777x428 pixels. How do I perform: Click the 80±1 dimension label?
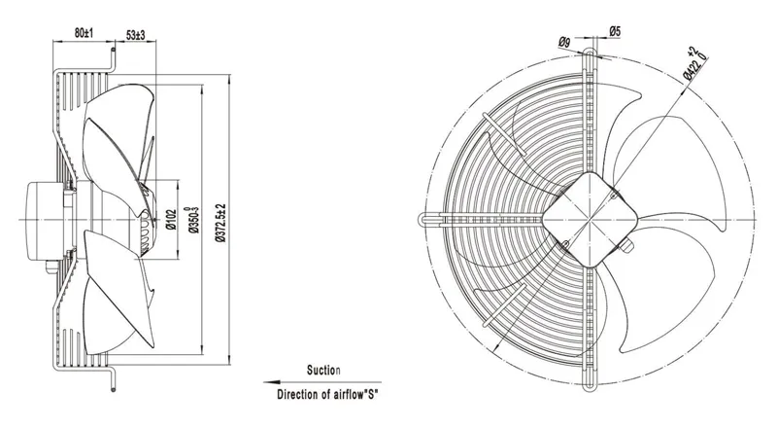[x=84, y=33]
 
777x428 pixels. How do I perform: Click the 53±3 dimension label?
[x=135, y=35]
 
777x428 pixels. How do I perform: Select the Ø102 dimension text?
[x=171, y=220]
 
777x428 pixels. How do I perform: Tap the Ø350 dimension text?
[x=194, y=220]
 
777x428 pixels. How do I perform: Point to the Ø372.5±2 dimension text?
[x=221, y=223]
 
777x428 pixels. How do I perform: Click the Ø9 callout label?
[x=564, y=43]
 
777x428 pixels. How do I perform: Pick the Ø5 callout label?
[x=615, y=31]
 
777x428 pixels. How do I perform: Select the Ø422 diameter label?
[x=695, y=62]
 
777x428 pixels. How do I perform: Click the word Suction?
[x=323, y=370]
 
